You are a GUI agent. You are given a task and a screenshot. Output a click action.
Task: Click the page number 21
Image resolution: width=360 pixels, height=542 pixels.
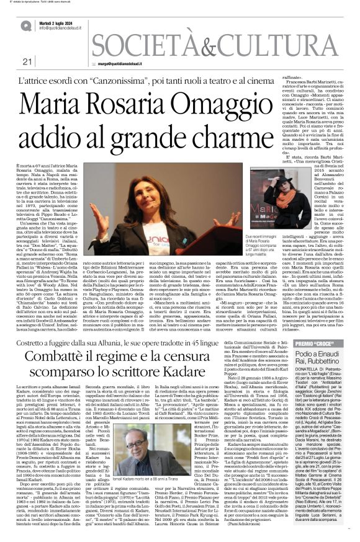click(27, 61)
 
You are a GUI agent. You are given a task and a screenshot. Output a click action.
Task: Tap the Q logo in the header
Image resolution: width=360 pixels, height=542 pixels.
click(25, 25)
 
